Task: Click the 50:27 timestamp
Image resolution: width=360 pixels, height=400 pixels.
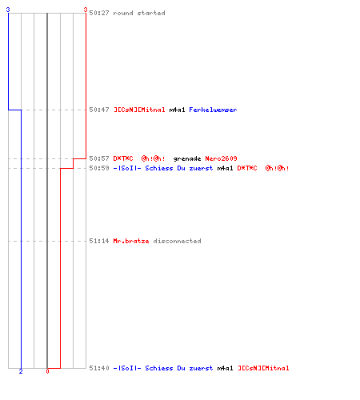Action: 99,13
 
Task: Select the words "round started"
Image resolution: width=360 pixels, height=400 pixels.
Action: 139,13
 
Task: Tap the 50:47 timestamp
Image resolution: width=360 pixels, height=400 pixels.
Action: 99,110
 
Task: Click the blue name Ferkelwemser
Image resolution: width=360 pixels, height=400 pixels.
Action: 213,110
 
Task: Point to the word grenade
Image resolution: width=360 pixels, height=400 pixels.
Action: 187,159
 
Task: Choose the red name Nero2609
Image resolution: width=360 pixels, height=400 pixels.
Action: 221,158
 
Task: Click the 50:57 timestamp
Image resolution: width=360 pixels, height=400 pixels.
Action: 99,158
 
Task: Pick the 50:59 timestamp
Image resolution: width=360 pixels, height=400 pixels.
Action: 99,168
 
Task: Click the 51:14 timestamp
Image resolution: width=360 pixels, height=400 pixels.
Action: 99,241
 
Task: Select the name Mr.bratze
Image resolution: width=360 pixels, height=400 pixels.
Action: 131,241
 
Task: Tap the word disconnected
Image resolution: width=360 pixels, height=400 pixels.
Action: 177,241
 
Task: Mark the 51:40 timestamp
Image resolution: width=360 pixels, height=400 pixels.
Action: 99,368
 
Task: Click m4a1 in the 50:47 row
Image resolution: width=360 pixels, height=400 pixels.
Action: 177,110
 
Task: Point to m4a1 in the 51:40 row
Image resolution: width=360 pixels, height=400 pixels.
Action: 225,368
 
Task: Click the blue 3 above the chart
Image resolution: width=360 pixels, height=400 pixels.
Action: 8,10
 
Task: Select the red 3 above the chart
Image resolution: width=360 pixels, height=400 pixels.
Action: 86,10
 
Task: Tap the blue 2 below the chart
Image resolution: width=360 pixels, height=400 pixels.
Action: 21,371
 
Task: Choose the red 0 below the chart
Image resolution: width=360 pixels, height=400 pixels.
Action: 47,371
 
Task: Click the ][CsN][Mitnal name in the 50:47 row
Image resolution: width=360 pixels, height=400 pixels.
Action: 139,110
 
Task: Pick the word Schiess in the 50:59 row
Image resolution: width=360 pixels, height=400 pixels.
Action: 159,168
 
